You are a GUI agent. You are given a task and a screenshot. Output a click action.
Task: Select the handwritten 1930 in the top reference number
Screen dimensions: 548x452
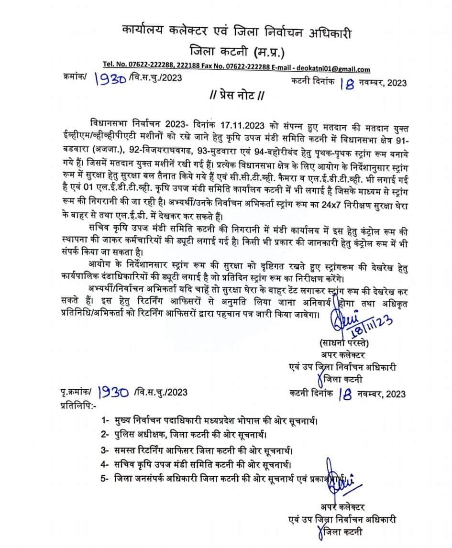point(110,79)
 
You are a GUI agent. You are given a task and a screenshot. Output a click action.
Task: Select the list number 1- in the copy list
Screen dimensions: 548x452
point(106,420)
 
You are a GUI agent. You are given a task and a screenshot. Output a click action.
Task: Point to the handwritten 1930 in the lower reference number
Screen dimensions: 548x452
point(113,393)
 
